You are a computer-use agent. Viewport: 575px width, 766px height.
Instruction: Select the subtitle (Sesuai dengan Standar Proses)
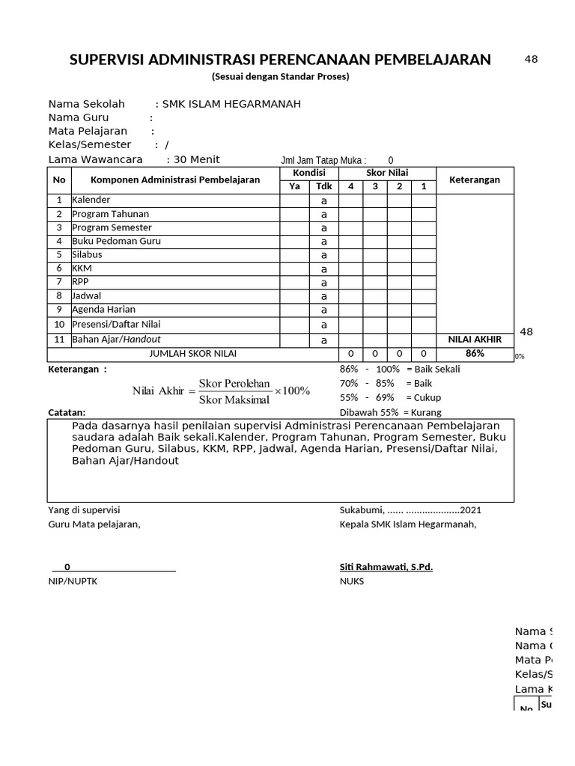click(x=280, y=77)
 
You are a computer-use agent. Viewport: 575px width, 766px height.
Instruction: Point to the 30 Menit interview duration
click(x=196, y=159)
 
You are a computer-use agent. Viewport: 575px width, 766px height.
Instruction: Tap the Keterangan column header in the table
click(x=474, y=180)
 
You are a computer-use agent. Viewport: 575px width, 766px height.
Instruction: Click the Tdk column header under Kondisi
click(x=323, y=186)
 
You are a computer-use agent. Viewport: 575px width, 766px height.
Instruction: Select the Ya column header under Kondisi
click(x=294, y=186)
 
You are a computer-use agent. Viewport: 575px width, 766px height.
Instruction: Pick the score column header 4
click(x=351, y=186)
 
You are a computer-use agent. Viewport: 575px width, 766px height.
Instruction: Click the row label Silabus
click(x=88, y=254)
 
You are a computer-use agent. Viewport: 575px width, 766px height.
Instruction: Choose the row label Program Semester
click(x=112, y=227)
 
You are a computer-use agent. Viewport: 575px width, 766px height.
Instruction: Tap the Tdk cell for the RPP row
click(x=323, y=283)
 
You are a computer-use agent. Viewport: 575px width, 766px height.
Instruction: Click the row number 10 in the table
click(x=59, y=325)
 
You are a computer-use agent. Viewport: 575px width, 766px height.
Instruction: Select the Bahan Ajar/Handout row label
click(x=116, y=340)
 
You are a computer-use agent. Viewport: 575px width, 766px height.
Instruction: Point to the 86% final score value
click(x=475, y=353)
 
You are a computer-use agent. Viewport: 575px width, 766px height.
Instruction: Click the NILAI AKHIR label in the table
click(x=475, y=340)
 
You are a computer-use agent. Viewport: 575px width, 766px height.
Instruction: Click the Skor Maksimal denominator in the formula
click(x=234, y=399)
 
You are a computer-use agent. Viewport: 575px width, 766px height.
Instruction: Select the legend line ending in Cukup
click(x=390, y=397)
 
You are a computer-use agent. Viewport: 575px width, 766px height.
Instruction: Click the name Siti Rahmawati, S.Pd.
click(x=386, y=567)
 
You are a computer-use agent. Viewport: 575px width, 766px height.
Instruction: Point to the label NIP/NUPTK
click(x=73, y=581)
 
